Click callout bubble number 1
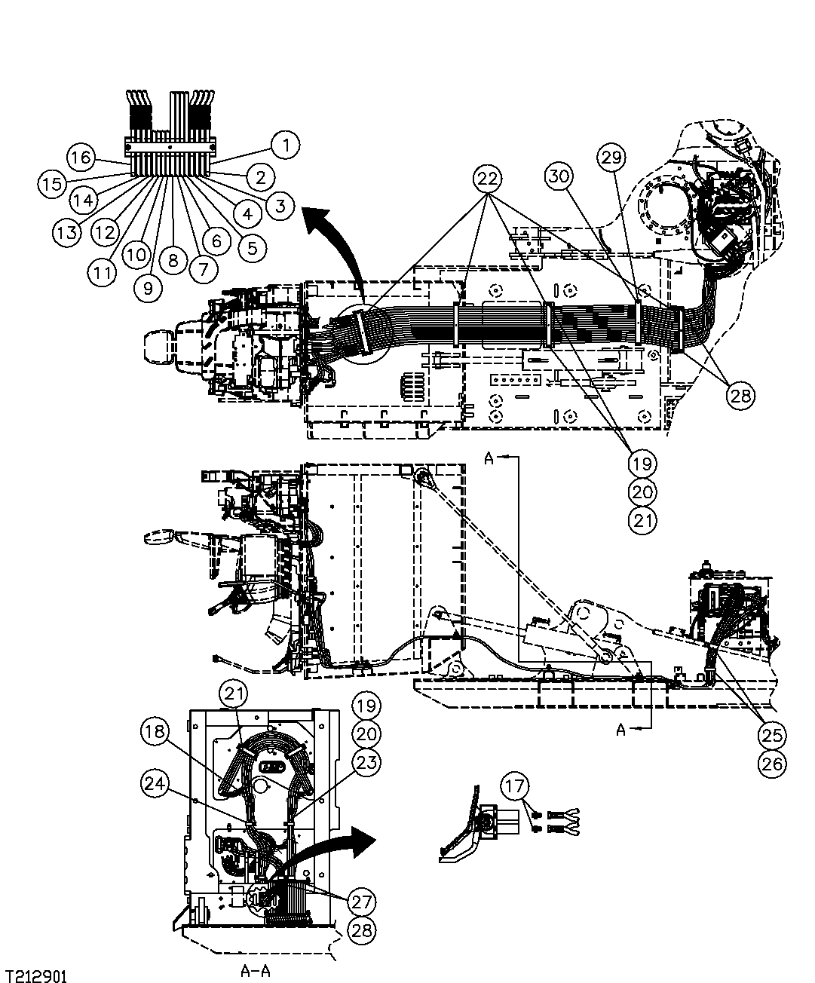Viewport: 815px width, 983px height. (x=285, y=143)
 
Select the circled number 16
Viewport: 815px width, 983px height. (x=81, y=158)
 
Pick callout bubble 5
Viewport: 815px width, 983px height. (x=251, y=247)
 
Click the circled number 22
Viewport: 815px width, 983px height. (x=489, y=179)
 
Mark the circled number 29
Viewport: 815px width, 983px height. (x=612, y=158)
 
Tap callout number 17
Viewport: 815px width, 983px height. (x=516, y=786)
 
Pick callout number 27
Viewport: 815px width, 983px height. (x=363, y=902)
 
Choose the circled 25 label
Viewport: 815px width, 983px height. (x=772, y=734)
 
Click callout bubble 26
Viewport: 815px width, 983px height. (x=772, y=763)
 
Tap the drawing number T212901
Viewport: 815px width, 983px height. (x=35, y=976)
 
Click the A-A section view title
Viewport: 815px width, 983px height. (x=255, y=971)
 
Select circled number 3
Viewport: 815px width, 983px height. (x=280, y=205)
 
